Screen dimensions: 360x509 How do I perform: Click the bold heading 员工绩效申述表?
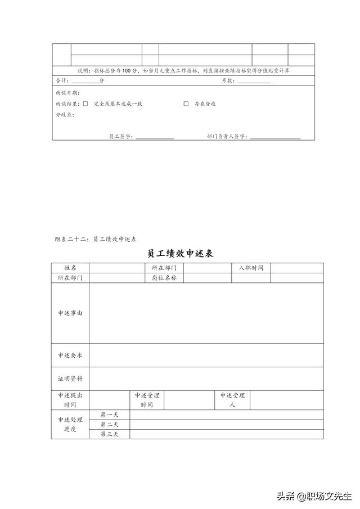[x=180, y=254]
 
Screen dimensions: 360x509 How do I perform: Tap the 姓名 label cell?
[x=70, y=268]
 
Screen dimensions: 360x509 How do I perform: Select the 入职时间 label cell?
[x=251, y=268]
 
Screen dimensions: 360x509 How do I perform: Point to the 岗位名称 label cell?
[x=164, y=278]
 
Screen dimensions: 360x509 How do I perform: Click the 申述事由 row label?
[x=70, y=313]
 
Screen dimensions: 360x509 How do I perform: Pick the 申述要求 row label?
[x=70, y=355]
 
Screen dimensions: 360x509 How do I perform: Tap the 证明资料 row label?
[x=70, y=379]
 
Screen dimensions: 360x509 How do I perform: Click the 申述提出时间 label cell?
[x=70, y=400]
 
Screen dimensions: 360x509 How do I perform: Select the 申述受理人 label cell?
[x=232, y=400]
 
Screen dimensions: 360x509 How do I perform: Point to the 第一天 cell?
[x=109, y=415]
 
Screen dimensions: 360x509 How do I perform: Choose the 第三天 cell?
[x=109, y=434]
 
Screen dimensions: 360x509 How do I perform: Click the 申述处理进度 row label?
[x=70, y=424]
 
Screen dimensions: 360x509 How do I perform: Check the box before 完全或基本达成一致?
[x=85, y=103]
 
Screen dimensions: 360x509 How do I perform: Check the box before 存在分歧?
[x=186, y=103]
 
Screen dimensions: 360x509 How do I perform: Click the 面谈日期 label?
[x=67, y=92]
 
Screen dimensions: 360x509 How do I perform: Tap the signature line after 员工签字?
[x=155, y=138]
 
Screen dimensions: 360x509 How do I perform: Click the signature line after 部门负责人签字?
[x=275, y=138]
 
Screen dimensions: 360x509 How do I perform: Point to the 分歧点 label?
[x=65, y=115]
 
